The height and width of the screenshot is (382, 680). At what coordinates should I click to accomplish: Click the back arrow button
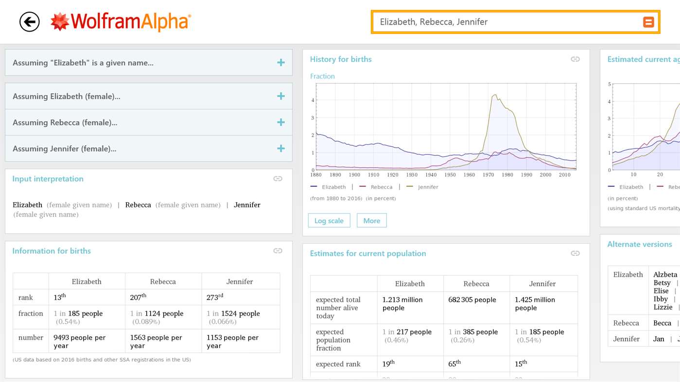30,22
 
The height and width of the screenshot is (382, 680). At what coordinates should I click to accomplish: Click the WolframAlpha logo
121,22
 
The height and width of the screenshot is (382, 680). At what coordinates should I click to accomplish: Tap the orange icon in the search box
648,22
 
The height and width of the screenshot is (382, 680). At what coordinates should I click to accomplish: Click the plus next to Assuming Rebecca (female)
281,122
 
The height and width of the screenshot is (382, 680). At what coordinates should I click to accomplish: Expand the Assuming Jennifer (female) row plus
281,149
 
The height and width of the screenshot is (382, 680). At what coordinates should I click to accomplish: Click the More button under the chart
371,221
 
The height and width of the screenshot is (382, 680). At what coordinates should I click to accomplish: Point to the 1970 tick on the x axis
488,175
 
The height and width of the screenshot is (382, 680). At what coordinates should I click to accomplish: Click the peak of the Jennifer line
495,95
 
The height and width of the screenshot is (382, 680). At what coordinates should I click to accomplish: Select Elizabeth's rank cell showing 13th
87,297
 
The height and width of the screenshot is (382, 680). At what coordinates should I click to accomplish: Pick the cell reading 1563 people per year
163,341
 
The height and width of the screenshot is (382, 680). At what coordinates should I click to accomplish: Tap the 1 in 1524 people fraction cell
240,317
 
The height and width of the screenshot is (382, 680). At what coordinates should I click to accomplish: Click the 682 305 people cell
475,300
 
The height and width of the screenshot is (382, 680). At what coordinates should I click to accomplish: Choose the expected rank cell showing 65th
475,364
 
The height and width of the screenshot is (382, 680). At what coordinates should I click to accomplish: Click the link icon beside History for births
575,59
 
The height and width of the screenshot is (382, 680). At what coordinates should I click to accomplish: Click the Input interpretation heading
48,179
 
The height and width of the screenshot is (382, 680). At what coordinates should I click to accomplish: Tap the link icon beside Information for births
278,251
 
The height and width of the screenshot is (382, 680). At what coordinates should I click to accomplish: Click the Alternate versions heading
639,244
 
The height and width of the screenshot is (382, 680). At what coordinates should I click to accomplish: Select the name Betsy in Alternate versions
662,282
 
